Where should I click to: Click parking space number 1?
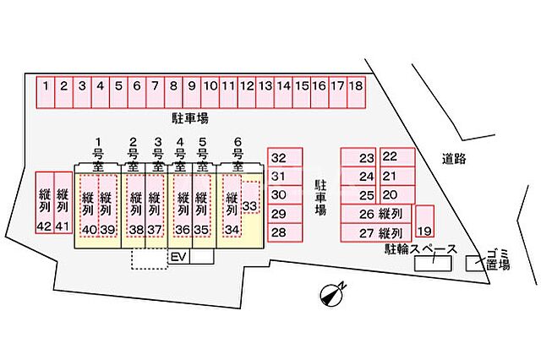tap(45, 85)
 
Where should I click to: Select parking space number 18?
tap(356, 85)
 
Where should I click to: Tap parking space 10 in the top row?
tap(210, 85)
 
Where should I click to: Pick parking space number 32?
tap(279, 157)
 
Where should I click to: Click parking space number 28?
tap(279, 232)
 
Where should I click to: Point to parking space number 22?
tap(389, 156)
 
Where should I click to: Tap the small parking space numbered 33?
tap(249, 205)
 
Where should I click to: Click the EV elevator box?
tap(178, 256)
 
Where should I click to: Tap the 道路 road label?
tap(454, 158)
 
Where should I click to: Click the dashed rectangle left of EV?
tap(150, 258)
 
